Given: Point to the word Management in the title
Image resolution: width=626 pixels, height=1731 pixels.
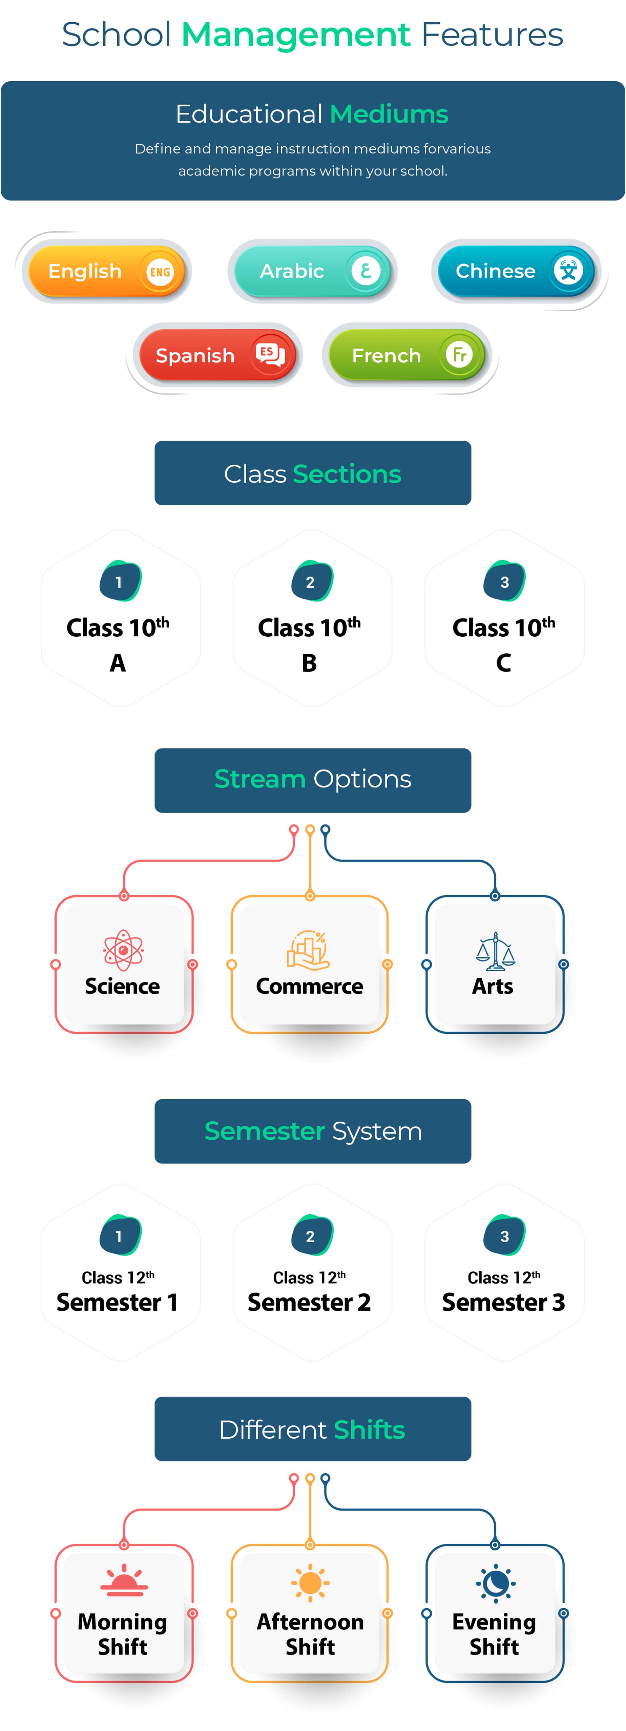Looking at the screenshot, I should pyautogui.click(x=296, y=35).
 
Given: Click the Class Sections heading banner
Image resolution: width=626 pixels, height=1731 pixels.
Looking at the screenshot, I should pyautogui.click(x=313, y=473).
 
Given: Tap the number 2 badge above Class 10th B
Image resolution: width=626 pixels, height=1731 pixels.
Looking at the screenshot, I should pyautogui.click(x=311, y=582).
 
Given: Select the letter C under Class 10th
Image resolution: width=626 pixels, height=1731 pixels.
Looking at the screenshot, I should pyautogui.click(x=504, y=663).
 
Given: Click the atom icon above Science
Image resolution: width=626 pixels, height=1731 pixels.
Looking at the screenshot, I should pyautogui.click(x=123, y=950).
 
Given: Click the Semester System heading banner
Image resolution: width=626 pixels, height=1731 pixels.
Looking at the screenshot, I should pyautogui.click(x=313, y=1131).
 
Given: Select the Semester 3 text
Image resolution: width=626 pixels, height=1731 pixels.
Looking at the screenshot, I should pyautogui.click(x=504, y=1302).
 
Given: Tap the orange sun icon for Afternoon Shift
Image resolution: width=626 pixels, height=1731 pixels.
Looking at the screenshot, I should pyautogui.click(x=310, y=1583).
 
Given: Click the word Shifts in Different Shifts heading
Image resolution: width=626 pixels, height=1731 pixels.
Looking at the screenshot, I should pyautogui.click(x=369, y=1429).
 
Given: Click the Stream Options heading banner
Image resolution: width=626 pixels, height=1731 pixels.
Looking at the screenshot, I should pyautogui.click(x=313, y=780).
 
